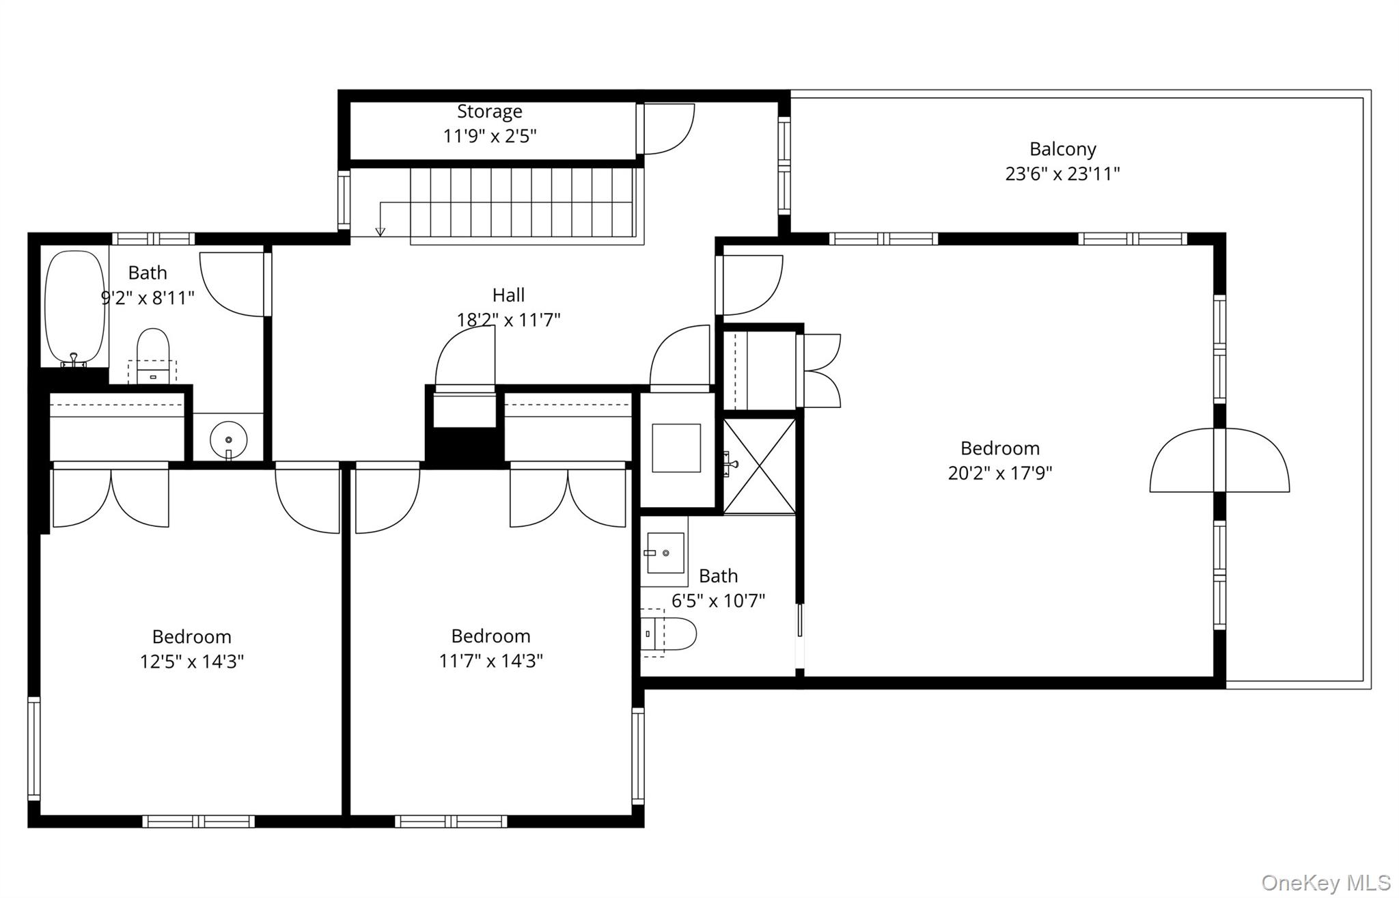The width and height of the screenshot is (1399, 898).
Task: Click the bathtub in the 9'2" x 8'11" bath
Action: click(x=74, y=306)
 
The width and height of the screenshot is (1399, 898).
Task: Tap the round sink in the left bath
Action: click(x=228, y=439)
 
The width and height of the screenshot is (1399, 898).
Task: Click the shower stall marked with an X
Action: click(x=759, y=466)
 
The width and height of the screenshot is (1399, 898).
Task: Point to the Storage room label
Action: click(x=489, y=111)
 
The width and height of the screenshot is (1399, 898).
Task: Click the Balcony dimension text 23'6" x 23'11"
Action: click(x=1062, y=174)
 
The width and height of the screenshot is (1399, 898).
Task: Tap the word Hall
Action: click(x=508, y=295)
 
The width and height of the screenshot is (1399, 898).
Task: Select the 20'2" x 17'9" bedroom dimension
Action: click(x=999, y=473)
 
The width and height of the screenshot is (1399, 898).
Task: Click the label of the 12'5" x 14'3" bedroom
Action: click(x=191, y=637)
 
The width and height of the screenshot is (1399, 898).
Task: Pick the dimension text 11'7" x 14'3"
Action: click(x=490, y=661)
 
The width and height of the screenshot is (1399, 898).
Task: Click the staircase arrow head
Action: click(x=380, y=232)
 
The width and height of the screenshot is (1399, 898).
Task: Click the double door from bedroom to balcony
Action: click(x=1219, y=460)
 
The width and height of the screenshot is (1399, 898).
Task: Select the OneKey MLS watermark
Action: click(x=1325, y=882)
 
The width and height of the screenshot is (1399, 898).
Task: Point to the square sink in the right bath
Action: click(x=665, y=552)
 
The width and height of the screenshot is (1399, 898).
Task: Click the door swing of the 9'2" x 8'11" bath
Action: click(x=232, y=284)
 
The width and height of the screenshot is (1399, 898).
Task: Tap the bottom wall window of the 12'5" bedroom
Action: click(x=198, y=821)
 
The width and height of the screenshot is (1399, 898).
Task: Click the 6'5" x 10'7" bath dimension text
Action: click(x=718, y=601)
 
